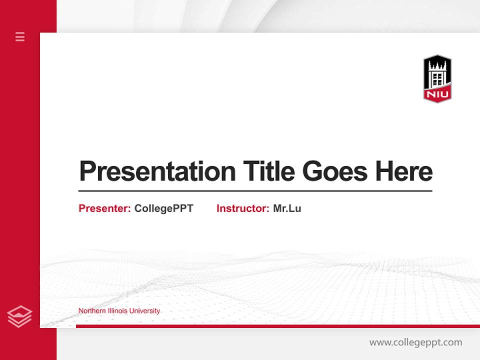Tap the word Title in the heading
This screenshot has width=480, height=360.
click(x=269, y=171)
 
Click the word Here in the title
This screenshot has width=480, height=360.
click(x=404, y=171)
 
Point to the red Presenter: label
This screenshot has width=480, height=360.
click(x=105, y=208)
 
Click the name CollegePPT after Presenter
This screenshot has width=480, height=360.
click(x=163, y=208)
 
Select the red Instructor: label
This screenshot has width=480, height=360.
click(x=243, y=208)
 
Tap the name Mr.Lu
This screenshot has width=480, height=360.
click(x=287, y=208)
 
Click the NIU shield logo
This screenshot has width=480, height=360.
click(x=437, y=79)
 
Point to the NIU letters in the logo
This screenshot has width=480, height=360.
click(x=437, y=94)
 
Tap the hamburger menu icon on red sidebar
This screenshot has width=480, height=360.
click(x=20, y=36)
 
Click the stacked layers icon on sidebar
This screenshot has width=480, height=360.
click(x=19, y=316)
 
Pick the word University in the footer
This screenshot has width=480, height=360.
click(x=144, y=311)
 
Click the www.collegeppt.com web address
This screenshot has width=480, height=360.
click(x=415, y=342)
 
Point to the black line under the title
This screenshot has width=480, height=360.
click(x=255, y=191)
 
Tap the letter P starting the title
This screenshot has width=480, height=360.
click(x=87, y=171)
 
